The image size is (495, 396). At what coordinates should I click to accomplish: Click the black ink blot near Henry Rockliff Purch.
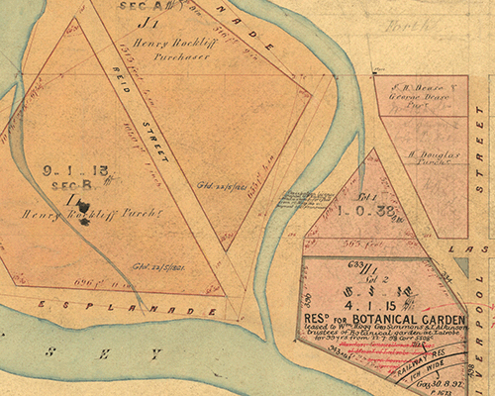(x=85, y=219)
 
